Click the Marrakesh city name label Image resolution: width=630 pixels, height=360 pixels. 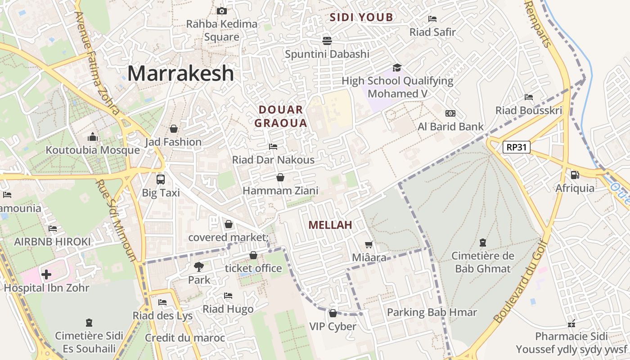(181, 73)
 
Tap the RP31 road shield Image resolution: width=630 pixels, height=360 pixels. (517, 147)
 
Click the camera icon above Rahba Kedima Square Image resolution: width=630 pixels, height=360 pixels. (221, 11)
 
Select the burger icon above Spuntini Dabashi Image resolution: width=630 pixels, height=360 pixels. (327, 41)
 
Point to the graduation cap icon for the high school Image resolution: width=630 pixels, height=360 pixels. (397, 67)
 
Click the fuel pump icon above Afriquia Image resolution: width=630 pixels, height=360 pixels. (575, 175)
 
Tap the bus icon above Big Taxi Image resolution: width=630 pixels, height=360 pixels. (161, 179)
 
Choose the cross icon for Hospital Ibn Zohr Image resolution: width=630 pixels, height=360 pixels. (46, 274)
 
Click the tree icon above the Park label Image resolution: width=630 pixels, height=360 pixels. (198, 266)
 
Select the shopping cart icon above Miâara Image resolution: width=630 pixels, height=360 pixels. (369, 244)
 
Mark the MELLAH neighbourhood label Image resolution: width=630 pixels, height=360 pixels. (330, 225)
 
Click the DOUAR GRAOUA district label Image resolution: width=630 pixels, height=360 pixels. (281, 116)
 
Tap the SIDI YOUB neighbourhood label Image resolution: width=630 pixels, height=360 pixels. (361, 18)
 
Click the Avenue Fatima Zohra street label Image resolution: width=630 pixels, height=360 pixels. (97, 63)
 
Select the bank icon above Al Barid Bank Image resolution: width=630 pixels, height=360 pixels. (450, 113)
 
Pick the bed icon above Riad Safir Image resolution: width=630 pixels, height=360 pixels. (432, 19)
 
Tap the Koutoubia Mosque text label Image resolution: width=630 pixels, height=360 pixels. (93, 150)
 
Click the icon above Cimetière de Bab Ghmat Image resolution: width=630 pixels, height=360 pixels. (483, 243)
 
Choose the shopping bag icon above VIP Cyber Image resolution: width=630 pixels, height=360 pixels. (333, 313)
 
